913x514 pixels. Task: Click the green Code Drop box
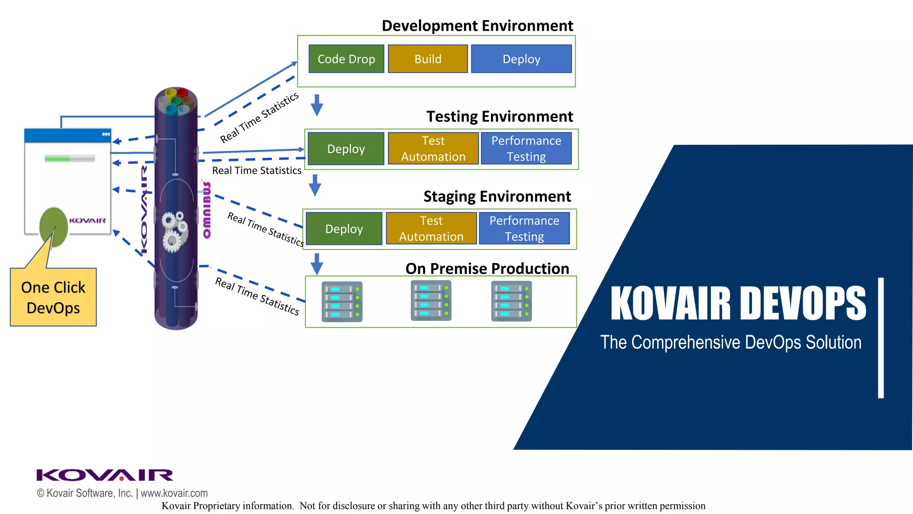[x=346, y=59]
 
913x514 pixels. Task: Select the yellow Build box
[x=428, y=59]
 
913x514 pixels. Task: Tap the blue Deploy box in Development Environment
[x=521, y=59]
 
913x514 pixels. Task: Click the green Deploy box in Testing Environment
[x=345, y=149]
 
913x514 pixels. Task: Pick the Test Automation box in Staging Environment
[x=431, y=228]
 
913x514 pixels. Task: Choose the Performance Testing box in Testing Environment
[x=526, y=149]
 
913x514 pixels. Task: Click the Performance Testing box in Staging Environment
[x=524, y=228]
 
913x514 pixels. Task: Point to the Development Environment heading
[x=477, y=26]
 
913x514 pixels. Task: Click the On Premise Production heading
[x=487, y=269]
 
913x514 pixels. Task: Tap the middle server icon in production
[x=431, y=301]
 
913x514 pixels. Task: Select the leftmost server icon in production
[x=342, y=302]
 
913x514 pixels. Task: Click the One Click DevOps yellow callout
[x=53, y=298]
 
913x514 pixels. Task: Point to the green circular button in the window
[x=53, y=226]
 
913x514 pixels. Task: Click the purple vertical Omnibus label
[x=207, y=210]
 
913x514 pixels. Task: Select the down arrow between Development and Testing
[x=317, y=105]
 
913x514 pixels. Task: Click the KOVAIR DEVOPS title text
[x=738, y=303]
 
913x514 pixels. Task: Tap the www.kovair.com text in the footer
[x=174, y=493]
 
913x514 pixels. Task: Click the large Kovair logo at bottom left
[x=105, y=475]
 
